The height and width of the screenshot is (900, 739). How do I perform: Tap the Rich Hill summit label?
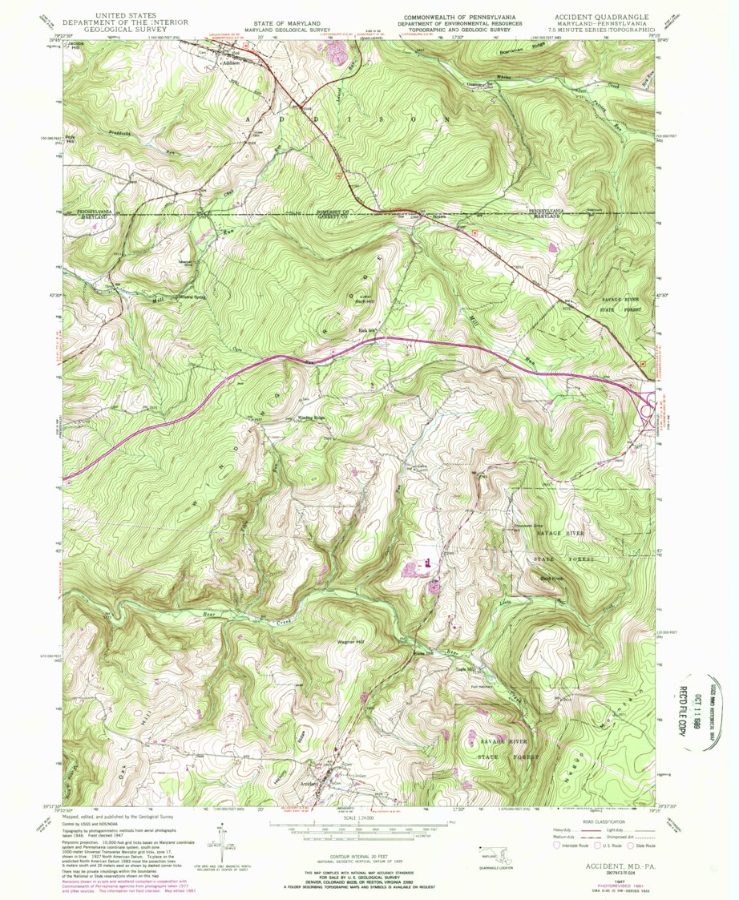tap(365, 301)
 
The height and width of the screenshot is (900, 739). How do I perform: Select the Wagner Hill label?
tap(349, 641)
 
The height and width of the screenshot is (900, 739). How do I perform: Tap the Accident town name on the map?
tap(310, 782)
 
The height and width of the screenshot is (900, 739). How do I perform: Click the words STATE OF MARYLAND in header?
tap(288, 25)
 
